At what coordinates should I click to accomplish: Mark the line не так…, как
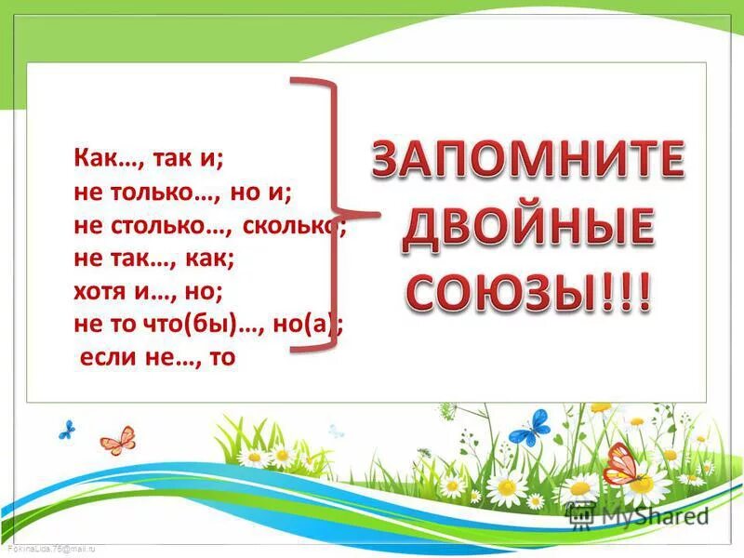click(153, 259)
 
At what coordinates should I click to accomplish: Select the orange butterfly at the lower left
click(118, 439)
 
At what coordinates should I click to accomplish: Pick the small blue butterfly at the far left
click(66, 430)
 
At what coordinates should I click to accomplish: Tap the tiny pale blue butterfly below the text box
click(336, 432)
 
